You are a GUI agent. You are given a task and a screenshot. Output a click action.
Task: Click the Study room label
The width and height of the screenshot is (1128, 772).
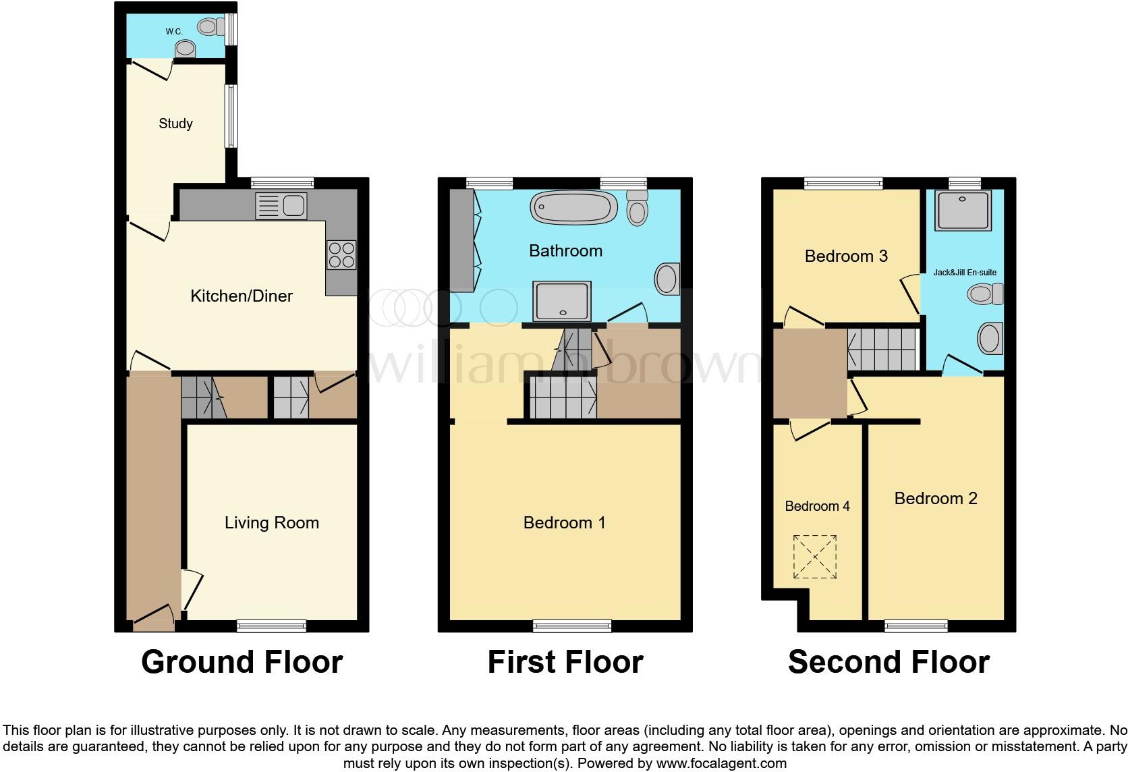point(175,123)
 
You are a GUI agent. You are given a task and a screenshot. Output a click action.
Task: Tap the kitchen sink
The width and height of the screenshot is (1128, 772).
point(282,206)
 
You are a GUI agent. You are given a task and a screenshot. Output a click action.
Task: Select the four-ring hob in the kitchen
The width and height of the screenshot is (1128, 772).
point(341,255)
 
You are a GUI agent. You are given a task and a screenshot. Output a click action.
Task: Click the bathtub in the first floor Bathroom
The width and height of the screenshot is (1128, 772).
point(573,207)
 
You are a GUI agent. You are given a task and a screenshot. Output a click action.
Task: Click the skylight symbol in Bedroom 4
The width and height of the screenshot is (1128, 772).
point(815,557)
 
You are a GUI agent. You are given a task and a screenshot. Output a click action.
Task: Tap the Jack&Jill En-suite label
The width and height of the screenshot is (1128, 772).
point(965,273)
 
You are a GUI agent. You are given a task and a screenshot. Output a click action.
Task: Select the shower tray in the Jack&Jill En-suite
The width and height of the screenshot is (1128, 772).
point(963,209)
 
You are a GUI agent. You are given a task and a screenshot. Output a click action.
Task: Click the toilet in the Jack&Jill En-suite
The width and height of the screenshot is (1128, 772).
point(986,294)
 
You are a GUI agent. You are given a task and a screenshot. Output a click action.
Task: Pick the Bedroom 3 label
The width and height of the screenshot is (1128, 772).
point(846,256)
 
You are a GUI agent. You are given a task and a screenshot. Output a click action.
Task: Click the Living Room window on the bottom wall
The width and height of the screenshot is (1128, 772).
point(271,626)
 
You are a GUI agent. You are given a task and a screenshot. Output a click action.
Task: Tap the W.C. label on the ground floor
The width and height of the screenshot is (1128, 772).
point(174,32)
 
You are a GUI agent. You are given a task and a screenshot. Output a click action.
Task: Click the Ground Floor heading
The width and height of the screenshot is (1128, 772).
point(242,662)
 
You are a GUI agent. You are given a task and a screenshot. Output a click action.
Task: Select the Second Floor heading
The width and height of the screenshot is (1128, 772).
point(889,662)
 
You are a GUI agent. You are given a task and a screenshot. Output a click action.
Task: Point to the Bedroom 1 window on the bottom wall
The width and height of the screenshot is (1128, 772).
point(572,626)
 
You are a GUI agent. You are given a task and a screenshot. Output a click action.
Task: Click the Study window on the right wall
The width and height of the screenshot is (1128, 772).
point(231,115)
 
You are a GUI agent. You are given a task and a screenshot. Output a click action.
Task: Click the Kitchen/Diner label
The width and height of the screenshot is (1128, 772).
point(242,296)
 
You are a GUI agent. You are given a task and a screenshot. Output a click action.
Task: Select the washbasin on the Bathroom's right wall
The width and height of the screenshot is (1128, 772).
point(667,279)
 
